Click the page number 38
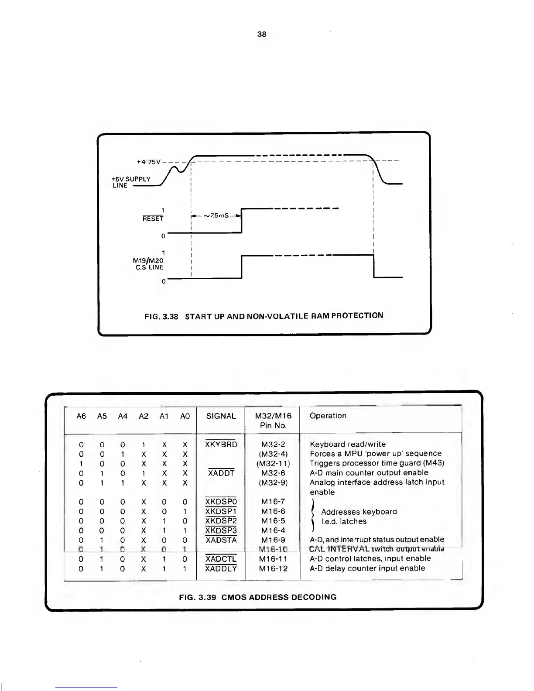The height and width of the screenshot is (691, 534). [262, 34]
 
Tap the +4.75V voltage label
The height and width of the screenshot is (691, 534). [148, 162]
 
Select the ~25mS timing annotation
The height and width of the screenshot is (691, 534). [216, 216]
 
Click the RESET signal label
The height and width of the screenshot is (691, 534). [153, 219]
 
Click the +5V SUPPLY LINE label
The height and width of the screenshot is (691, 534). [131, 182]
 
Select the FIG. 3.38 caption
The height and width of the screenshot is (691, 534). [264, 316]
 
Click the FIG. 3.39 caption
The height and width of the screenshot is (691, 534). [258, 597]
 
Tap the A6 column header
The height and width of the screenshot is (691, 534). [81, 416]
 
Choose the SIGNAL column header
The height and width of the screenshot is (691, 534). [221, 416]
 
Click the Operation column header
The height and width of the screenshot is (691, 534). [328, 416]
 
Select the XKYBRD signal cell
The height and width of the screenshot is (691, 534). [221, 445]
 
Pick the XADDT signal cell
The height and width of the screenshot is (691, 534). [221, 473]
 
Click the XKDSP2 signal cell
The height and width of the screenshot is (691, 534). [221, 521]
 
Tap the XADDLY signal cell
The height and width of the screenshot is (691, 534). [221, 568]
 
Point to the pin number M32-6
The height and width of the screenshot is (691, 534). [273, 473]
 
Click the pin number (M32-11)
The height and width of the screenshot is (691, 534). [273, 463]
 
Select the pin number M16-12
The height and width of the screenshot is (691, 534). [273, 568]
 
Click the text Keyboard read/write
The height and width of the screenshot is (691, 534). [347, 445]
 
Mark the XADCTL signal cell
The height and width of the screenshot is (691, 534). [221, 559]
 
